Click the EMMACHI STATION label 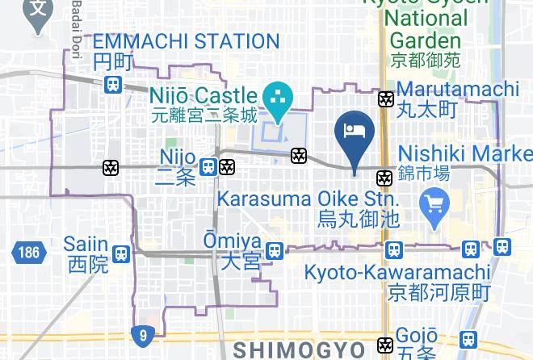[x=186, y=42]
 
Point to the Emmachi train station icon [x=113, y=84]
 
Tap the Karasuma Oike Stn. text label [x=307, y=199]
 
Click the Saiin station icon [x=121, y=253]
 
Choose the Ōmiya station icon [x=275, y=251]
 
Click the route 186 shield [x=26, y=253]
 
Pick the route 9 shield [x=142, y=333]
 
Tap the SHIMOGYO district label [x=300, y=349]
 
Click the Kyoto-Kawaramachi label [x=397, y=272]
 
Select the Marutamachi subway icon [x=386, y=99]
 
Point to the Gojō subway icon [x=386, y=345]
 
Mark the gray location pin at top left [x=37, y=13]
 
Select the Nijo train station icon [x=208, y=166]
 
